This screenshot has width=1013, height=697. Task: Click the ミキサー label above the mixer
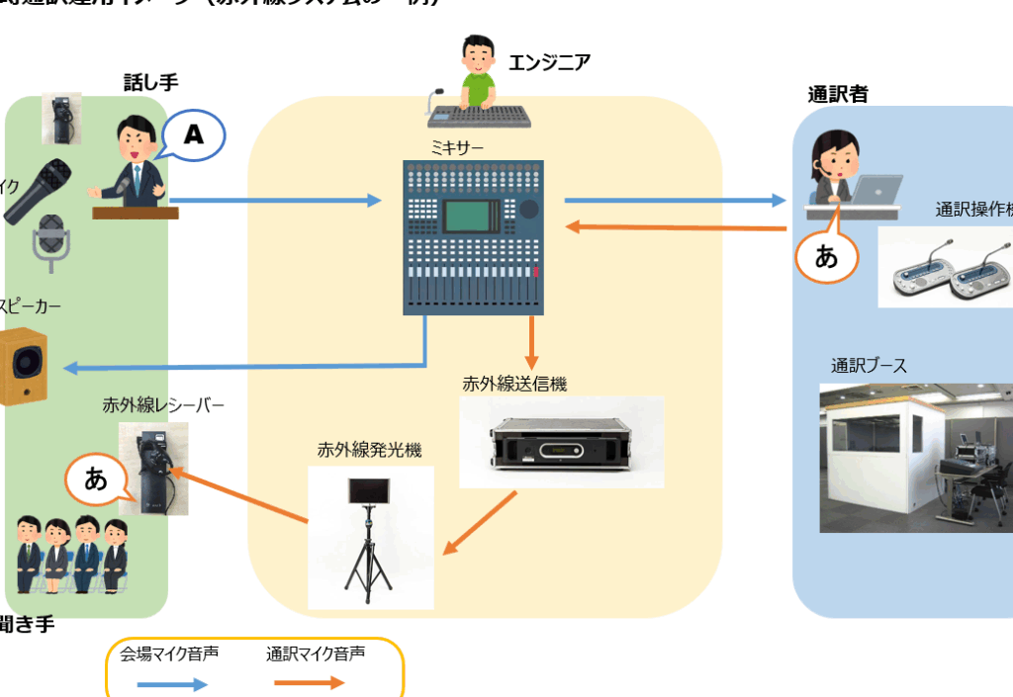[x=456, y=146]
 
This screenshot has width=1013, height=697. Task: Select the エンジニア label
[x=549, y=63]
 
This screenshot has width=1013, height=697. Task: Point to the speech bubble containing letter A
[x=194, y=136]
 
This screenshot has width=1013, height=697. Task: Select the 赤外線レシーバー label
[x=163, y=404]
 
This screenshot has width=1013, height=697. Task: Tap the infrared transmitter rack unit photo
[x=561, y=443]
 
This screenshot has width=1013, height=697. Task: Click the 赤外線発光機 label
[x=369, y=450]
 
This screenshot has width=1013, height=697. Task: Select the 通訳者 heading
[x=838, y=95]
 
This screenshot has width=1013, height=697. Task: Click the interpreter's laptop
[x=877, y=189]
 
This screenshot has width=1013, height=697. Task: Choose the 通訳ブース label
[x=869, y=367]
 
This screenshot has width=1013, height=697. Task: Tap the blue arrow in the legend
[x=171, y=683]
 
